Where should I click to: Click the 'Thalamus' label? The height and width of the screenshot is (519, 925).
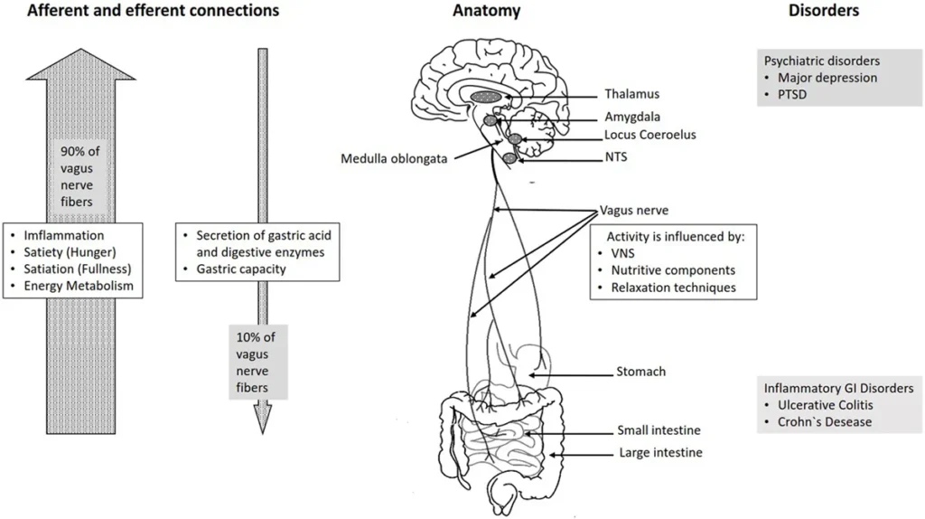pos(632,94)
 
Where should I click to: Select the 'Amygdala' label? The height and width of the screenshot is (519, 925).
pos(633,118)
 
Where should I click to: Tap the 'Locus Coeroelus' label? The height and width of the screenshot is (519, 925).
pos(650,136)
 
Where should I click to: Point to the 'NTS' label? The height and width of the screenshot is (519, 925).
pos(617,156)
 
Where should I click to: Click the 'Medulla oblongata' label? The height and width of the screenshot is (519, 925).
pos(393,160)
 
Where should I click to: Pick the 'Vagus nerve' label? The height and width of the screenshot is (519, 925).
pos(634,210)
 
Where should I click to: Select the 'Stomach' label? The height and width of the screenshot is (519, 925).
pos(640,371)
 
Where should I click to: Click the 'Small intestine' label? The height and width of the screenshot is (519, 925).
pos(659,430)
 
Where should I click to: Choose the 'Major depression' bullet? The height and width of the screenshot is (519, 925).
pos(827,78)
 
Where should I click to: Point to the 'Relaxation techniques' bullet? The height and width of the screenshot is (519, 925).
pos(673,288)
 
